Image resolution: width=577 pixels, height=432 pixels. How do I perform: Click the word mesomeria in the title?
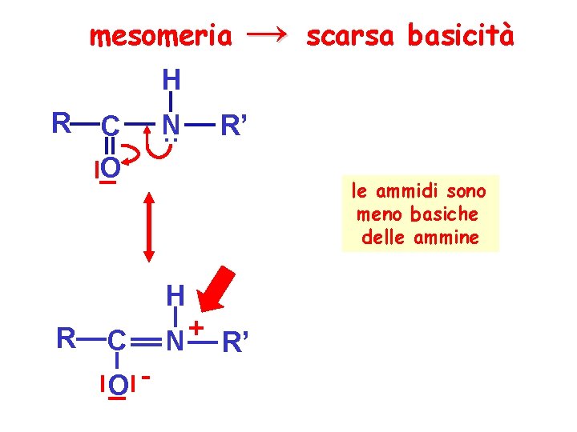click(x=161, y=36)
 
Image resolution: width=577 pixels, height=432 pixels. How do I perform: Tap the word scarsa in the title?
click(x=350, y=36)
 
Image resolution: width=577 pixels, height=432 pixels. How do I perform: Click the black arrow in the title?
click(x=268, y=34)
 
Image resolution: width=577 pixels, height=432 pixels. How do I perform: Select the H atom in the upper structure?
click(x=171, y=79)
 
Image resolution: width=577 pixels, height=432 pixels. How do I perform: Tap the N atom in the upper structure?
click(x=170, y=125)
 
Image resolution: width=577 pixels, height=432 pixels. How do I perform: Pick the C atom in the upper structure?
click(x=111, y=126)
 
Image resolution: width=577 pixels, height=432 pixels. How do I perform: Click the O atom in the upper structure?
click(x=111, y=169)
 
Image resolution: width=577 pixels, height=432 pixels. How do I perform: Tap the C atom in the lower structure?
click(x=116, y=341)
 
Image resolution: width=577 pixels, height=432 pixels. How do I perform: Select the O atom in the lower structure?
click(x=118, y=386)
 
